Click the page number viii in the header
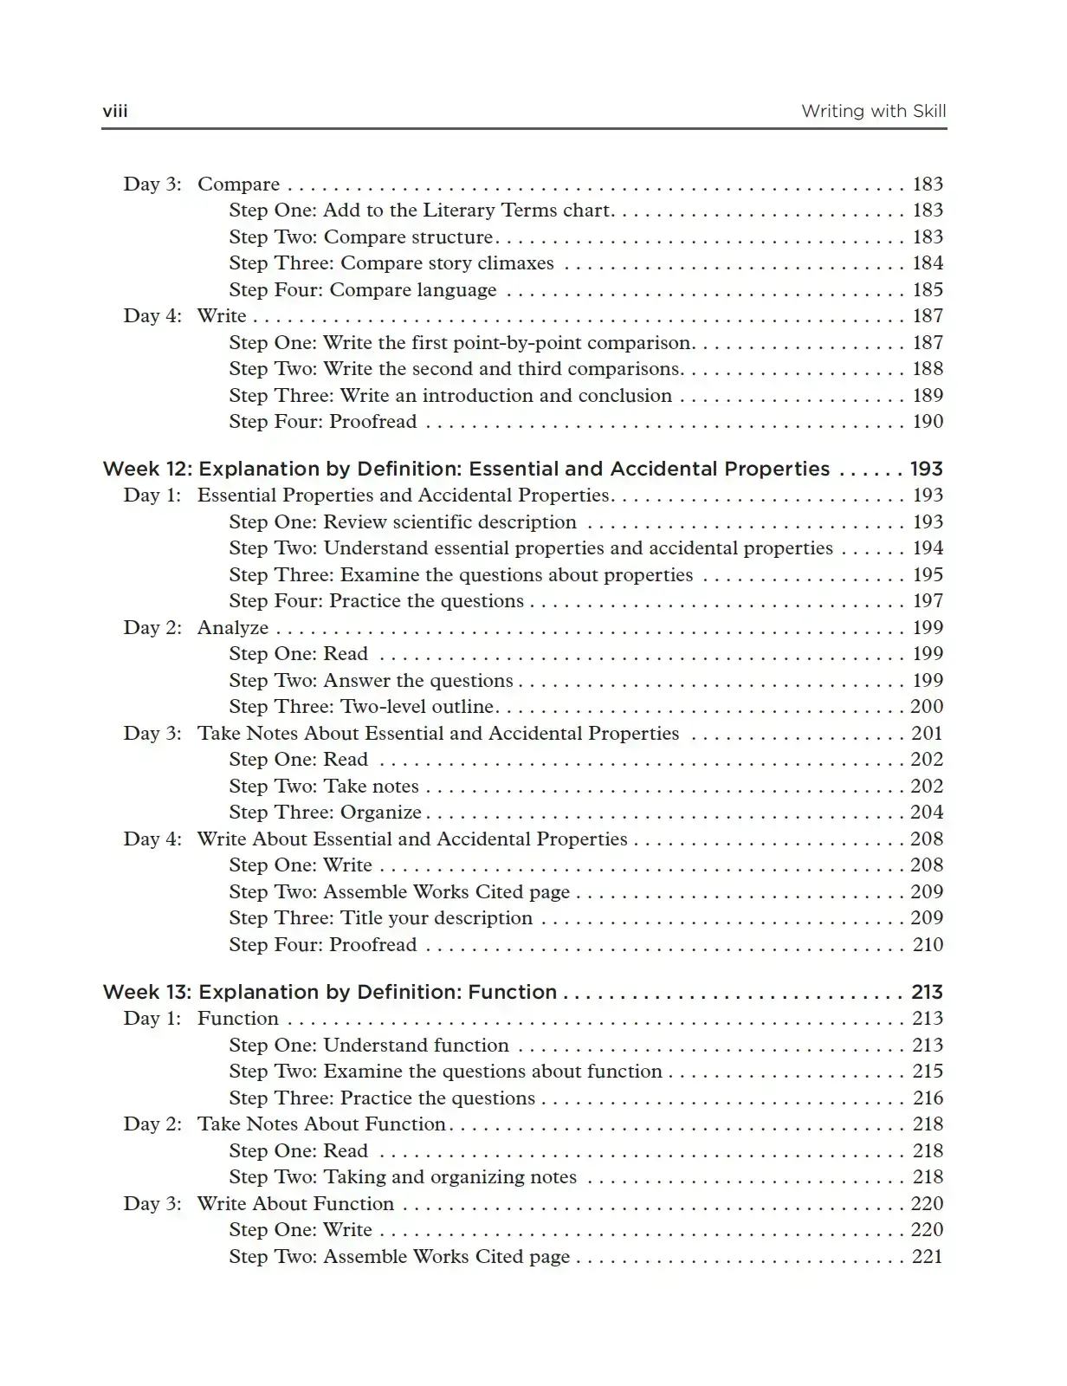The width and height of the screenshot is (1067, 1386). tap(115, 111)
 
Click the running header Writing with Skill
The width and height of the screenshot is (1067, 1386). tap(873, 111)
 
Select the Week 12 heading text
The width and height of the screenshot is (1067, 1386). tap(466, 469)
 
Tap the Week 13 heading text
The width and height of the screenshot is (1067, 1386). tap(329, 992)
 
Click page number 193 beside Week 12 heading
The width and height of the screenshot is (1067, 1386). tap(926, 469)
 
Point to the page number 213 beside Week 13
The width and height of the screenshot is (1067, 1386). tap(927, 992)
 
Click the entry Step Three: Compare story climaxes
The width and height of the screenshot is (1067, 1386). tap(391, 263)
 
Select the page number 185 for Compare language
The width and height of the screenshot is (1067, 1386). tap(928, 289)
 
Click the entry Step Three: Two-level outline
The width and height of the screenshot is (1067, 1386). tap(362, 707)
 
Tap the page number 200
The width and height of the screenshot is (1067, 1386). tap(927, 707)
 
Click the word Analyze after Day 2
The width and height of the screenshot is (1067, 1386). tap(233, 627)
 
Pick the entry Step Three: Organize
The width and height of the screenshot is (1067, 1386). tap(325, 813)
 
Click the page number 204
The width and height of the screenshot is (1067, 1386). tap(927, 813)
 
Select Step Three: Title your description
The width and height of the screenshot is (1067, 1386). tap(381, 918)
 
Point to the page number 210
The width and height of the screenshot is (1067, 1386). tap(928, 944)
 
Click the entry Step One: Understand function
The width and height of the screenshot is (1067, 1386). tap(369, 1046)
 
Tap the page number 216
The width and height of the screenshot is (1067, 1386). tap(928, 1098)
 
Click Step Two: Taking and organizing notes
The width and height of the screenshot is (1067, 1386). tap(403, 1177)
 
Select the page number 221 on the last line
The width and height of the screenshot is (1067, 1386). tap(927, 1257)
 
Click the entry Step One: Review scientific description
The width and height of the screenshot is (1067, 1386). tap(403, 522)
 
